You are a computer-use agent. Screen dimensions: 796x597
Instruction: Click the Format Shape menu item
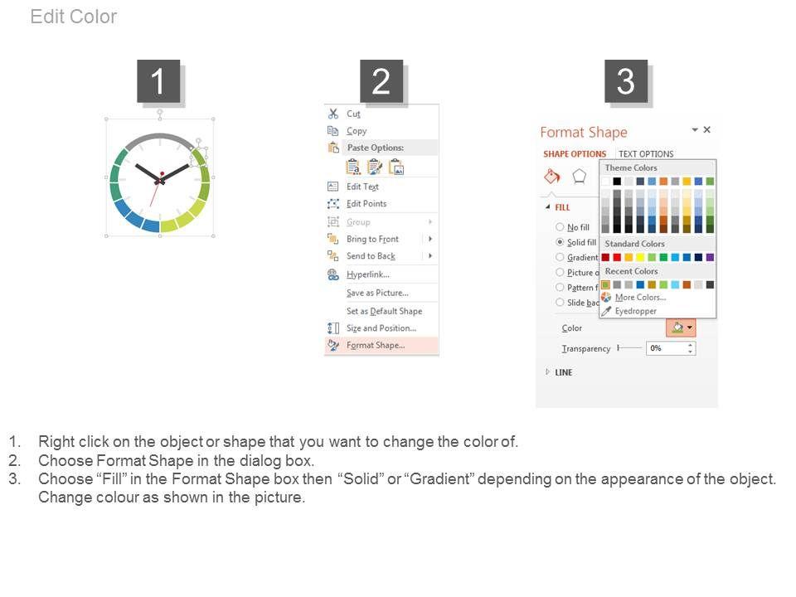[x=376, y=345]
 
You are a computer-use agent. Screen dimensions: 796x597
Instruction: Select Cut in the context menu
[x=353, y=114]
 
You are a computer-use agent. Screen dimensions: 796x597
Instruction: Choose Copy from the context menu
[x=357, y=131]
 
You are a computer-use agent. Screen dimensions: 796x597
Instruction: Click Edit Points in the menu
[x=366, y=204]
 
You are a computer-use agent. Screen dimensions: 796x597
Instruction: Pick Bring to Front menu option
[x=372, y=239]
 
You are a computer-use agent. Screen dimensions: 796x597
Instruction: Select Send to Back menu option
[x=371, y=256]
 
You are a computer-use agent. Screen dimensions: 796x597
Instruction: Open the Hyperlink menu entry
[x=367, y=274]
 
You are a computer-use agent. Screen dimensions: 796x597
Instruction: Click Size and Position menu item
[x=381, y=328]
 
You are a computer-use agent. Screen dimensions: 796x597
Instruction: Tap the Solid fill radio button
[x=560, y=242]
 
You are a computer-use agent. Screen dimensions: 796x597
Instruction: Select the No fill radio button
[x=560, y=227]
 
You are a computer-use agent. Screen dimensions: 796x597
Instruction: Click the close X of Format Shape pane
[x=706, y=130]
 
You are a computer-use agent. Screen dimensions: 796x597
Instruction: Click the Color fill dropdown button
[x=681, y=328]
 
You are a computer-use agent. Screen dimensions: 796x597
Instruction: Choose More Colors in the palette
[x=640, y=298]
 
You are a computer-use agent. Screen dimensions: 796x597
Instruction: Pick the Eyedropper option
[x=635, y=311]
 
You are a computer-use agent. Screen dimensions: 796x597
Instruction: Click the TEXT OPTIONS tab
[x=646, y=154]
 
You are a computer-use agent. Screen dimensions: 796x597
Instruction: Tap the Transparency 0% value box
[x=671, y=348]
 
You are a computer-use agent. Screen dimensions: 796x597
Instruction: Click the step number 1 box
[x=158, y=81]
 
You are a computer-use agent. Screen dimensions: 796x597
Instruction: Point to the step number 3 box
[x=626, y=81]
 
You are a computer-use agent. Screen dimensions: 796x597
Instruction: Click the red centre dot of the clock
[x=162, y=174]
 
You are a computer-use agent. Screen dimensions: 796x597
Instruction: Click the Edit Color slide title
[x=74, y=17]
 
